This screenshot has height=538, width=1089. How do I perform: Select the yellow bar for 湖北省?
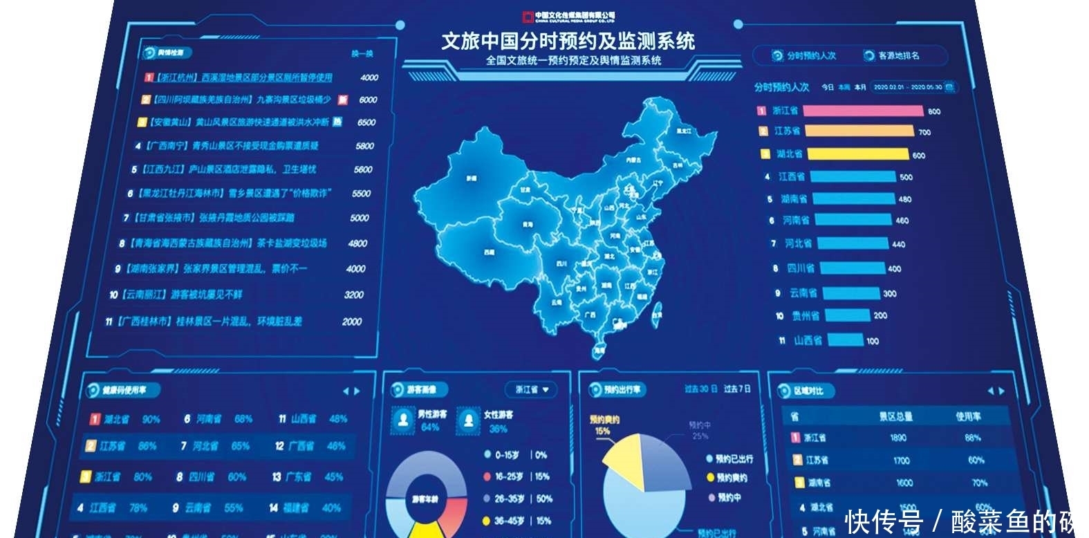(x=857, y=154)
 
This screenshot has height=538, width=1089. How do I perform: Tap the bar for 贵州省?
(x=846, y=316)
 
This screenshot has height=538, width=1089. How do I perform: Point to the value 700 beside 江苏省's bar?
(x=924, y=132)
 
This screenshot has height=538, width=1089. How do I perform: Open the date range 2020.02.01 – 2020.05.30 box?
(x=907, y=87)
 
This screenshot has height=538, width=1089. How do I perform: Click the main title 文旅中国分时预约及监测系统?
(x=568, y=41)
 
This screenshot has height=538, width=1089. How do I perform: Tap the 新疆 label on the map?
(x=472, y=178)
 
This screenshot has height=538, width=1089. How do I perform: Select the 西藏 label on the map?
(x=488, y=252)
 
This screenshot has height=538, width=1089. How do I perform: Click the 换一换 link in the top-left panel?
(x=362, y=53)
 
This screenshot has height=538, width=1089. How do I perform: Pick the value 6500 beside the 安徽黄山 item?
(x=366, y=122)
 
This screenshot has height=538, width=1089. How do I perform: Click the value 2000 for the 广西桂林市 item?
(x=351, y=322)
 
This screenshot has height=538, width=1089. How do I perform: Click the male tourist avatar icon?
(x=402, y=419)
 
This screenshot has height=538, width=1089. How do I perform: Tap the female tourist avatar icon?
(x=468, y=419)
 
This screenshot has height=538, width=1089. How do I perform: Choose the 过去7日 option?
(x=737, y=389)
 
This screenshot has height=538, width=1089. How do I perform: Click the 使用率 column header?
(x=968, y=416)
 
